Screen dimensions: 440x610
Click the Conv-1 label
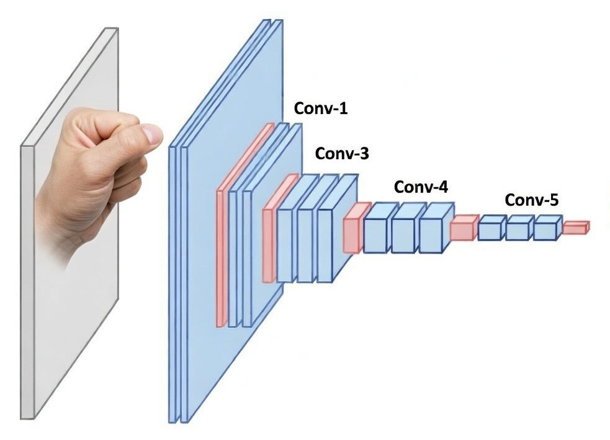pos(320,109)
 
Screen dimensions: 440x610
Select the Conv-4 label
pos(421,187)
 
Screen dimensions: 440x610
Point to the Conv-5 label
pos(531,200)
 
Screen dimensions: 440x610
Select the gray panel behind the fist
pos(68,310)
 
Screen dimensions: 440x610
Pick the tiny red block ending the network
pos(575,228)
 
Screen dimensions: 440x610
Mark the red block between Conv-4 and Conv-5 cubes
pos(462,229)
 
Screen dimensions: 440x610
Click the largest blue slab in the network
pos(205,347)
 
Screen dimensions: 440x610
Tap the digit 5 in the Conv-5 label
pos(552,200)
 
